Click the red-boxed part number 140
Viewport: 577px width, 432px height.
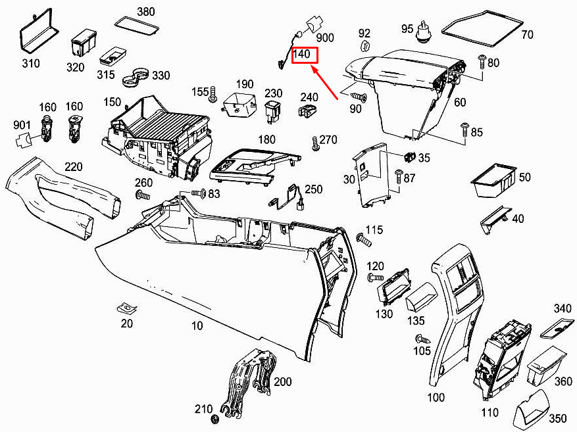click(x=301, y=55)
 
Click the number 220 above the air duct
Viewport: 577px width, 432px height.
click(x=73, y=166)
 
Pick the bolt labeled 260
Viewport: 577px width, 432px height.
click(x=143, y=195)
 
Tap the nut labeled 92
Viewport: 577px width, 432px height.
click(x=364, y=46)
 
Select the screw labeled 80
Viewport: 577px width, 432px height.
click(x=482, y=61)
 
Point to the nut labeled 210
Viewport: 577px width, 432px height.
click(x=215, y=418)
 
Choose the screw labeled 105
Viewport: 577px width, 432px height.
click(x=422, y=339)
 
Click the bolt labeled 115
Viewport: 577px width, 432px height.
click(x=364, y=239)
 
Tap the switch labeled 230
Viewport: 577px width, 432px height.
click(x=273, y=112)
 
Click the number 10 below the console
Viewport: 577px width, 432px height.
click(x=197, y=325)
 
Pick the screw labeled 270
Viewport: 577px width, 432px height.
click(x=315, y=143)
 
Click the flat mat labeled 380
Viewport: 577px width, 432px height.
click(x=137, y=26)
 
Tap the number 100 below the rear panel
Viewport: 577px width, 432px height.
click(x=436, y=397)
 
